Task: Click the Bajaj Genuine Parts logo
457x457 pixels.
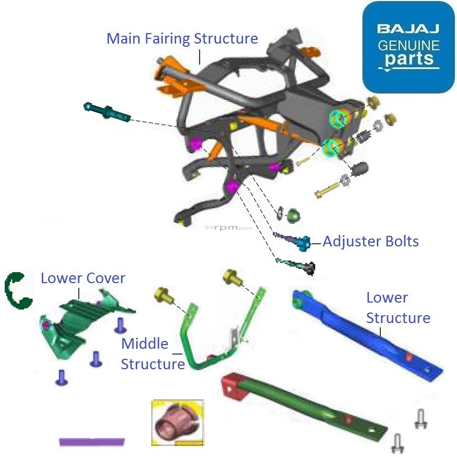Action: pos(408,47)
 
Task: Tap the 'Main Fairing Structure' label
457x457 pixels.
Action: pos(182,39)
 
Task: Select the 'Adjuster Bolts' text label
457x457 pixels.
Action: pos(370,242)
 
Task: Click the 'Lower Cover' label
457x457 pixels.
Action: pos(83,278)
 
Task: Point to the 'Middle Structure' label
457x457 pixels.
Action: pos(152,354)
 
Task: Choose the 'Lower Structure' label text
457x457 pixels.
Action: pos(398,308)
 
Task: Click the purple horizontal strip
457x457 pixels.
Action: pos(91,441)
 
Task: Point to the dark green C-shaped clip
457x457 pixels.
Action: pos(17,289)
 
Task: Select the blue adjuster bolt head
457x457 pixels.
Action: pos(303,243)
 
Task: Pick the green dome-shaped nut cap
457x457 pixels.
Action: pos(293,215)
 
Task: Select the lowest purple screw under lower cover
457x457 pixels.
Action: pos(61,377)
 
